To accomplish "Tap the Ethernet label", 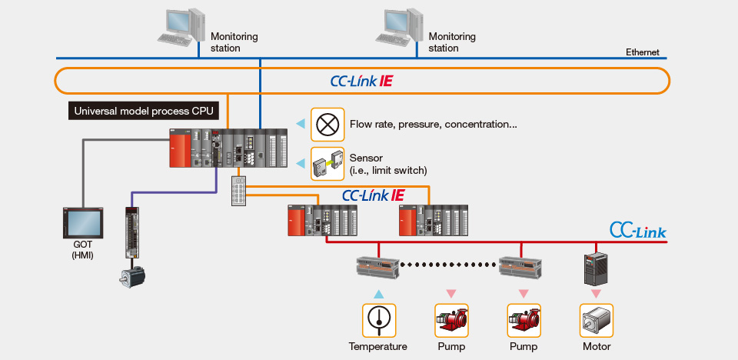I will pyautogui.click(x=642, y=52).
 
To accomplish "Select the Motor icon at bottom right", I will pyautogui.click(x=596, y=320).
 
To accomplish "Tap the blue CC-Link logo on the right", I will pyautogui.click(x=637, y=230).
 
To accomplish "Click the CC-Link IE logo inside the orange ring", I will pyautogui.click(x=361, y=81).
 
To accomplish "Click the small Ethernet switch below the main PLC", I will pyautogui.click(x=239, y=192).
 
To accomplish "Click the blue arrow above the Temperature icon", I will pyautogui.click(x=377, y=294).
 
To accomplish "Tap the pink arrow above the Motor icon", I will pyautogui.click(x=596, y=294).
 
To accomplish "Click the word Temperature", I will pyautogui.click(x=377, y=346).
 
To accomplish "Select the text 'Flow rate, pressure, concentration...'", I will pyautogui.click(x=433, y=124).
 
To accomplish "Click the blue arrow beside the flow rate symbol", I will pyautogui.click(x=301, y=123).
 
